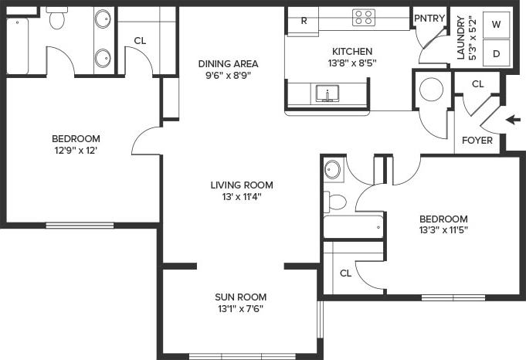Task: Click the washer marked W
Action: point(497,24)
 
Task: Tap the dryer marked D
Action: point(497,53)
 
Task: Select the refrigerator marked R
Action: point(304,21)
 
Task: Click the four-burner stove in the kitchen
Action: point(364,17)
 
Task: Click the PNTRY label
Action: point(428,17)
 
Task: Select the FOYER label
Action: point(477,141)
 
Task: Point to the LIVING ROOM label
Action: point(242,185)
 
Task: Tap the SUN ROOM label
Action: point(241,297)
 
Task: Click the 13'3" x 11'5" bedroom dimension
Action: point(443,229)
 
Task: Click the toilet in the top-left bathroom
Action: point(57,19)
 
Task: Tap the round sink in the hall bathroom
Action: point(333,169)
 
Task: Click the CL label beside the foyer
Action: point(477,83)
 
